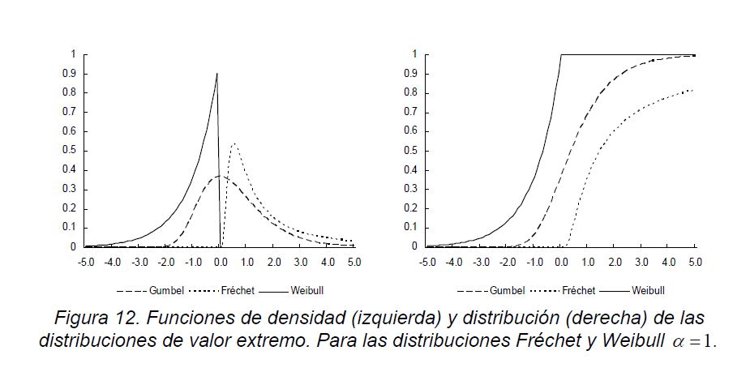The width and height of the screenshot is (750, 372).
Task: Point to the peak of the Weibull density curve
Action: tap(216, 74)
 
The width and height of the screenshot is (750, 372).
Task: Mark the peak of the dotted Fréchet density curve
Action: tap(234, 144)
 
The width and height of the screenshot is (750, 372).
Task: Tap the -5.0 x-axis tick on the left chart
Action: tap(85, 262)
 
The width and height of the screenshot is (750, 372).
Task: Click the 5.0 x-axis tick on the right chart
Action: tap(695, 262)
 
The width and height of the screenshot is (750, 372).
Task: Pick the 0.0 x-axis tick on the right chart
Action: tap(561, 262)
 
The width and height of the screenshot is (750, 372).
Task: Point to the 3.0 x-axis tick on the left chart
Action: tap(301, 262)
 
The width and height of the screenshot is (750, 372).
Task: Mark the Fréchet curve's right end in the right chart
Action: tap(694, 89)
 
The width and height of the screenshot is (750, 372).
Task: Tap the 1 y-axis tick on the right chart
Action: tap(414, 54)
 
